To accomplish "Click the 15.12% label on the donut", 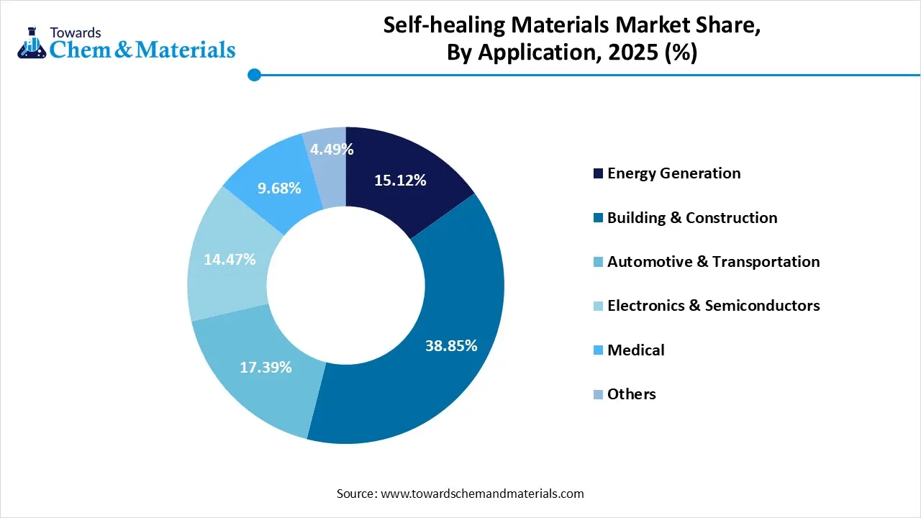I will click(400, 181).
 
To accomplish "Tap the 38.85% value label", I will click(451, 345).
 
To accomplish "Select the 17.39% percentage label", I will click(266, 367).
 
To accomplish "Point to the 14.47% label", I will click(230, 259).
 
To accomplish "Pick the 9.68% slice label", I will click(279, 188).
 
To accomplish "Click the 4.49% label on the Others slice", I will click(332, 150).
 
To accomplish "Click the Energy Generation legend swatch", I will click(598, 173).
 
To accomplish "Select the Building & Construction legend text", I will click(691, 217).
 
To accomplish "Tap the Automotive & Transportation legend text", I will click(713, 262).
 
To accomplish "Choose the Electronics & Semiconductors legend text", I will click(713, 306).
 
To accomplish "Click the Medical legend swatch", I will click(598, 350).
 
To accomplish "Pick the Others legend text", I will click(631, 394).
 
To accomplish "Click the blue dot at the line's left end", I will click(253, 74).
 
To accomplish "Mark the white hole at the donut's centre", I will click(345, 284).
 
